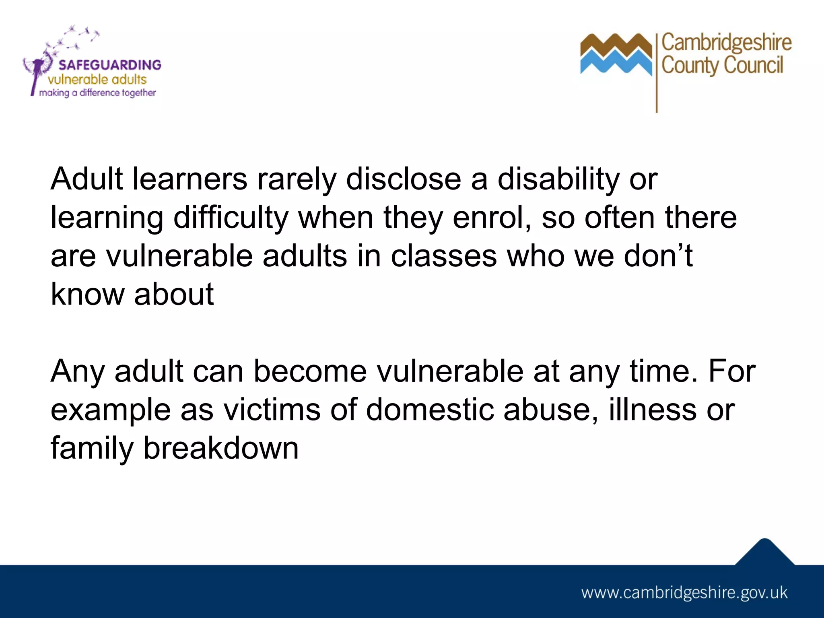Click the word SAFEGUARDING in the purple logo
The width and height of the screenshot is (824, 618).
click(x=109, y=65)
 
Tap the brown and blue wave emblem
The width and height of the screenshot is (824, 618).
click(x=616, y=54)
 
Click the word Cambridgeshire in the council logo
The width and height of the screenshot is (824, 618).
click(x=726, y=43)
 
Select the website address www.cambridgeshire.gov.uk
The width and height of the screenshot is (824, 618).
click(x=684, y=593)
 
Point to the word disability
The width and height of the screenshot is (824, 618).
click(x=558, y=179)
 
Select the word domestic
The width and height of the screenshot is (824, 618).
click(x=430, y=410)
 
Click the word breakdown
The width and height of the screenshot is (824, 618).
click(x=221, y=448)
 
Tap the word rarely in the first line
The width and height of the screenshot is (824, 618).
click(x=297, y=179)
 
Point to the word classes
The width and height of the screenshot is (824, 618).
click(x=444, y=256)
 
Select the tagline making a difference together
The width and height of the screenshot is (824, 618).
click(x=97, y=93)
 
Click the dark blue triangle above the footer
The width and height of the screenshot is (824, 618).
click(x=764, y=553)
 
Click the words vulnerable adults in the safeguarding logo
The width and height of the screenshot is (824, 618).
click(x=97, y=79)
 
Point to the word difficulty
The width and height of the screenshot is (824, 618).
click(x=231, y=217)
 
